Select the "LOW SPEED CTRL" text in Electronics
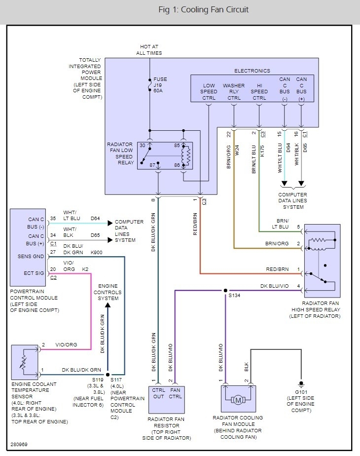[209, 91]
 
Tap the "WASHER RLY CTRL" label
[234, 91]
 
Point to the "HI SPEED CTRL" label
[259, 91]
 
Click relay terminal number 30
[143, 146]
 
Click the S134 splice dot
[225, 290]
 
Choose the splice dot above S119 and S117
[108, 375]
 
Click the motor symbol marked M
[238, 400]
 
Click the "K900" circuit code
[97, 252]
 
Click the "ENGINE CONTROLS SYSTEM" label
[108, 292]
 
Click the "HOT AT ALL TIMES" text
[150, 50]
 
